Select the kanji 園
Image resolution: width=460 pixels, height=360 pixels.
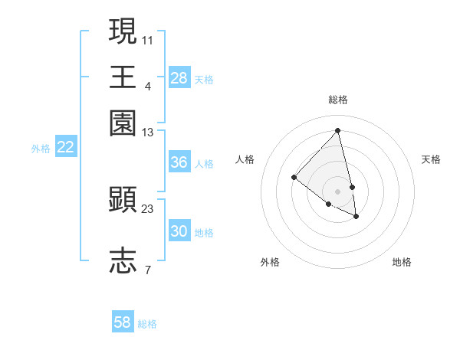tap(123, 123)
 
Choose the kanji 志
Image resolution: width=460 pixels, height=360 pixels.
tap(123, 260)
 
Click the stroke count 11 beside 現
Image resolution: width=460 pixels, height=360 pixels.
tap(148, 39)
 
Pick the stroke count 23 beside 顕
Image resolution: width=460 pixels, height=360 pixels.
tap(148, 208)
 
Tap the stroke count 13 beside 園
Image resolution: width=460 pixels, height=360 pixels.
tap(148, 133)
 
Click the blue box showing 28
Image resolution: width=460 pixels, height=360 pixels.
tap(179, 78)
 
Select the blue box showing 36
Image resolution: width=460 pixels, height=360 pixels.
tap(179, 162)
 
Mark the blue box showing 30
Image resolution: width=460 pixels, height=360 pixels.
tap(179, 232)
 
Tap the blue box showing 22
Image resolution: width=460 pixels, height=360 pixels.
tap(65, 148)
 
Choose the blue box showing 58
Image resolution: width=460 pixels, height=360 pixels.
tap(123, 322)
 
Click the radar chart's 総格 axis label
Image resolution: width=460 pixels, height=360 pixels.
tap(338, 100)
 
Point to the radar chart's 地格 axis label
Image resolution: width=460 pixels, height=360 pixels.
tap(402, 263)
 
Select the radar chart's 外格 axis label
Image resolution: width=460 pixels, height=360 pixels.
tap(270, 263)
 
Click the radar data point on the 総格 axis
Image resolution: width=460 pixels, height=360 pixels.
tap(338, 130)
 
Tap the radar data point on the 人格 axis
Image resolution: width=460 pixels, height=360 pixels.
tap(294, 177)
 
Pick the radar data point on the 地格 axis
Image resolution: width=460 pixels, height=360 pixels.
tap(356, 216)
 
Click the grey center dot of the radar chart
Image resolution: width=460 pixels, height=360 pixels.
tap(338, 191)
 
